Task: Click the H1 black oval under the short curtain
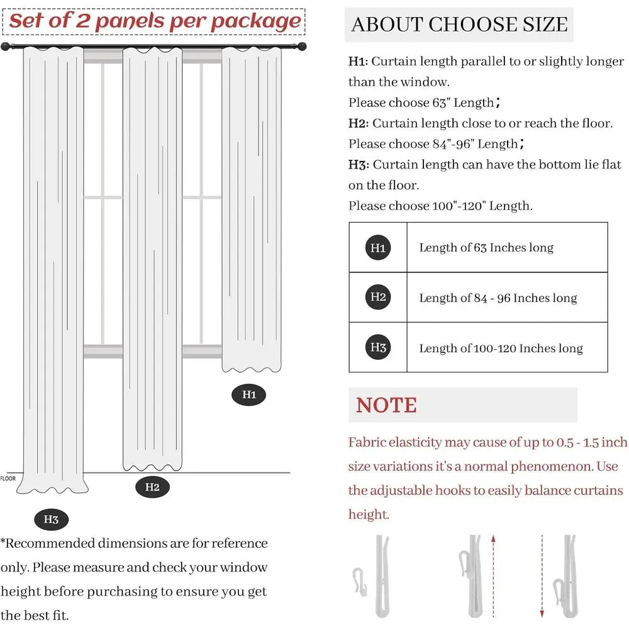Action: click(250, 395)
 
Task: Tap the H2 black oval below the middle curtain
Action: click(152, 486)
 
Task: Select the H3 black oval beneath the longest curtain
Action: click(51, 520)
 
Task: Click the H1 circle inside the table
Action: click(378, 247)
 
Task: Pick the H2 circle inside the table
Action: click(378, 297)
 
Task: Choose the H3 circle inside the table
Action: click(378, 347)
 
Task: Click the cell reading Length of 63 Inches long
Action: click(486, 248)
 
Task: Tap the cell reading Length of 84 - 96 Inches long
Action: click(498, 298)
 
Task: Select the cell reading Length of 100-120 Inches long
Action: click(501, 348)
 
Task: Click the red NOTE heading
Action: click(386, 405)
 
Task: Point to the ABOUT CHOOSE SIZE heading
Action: click(459, 25)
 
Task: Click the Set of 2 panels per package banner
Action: click(155, 21)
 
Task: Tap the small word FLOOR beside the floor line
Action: click(8, 479)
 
